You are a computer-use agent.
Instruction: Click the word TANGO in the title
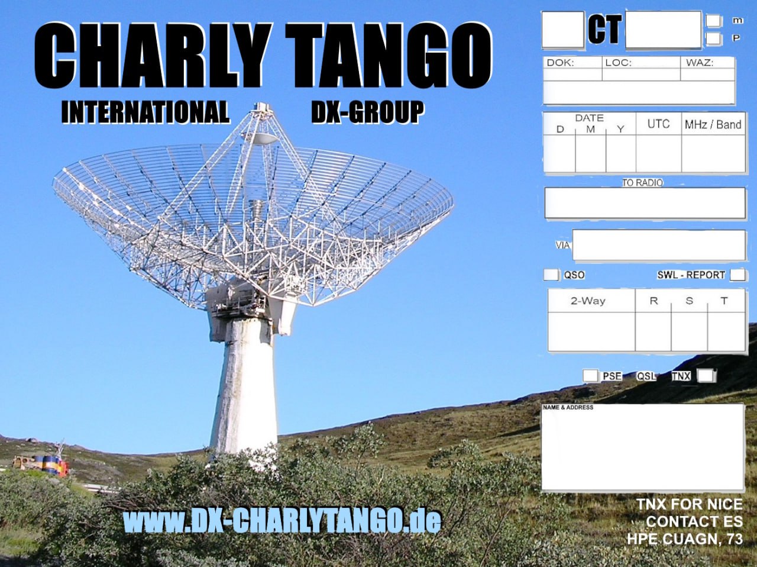pyautogui.click(x=389, y=55)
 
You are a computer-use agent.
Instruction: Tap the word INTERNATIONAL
pyautogui.click(x=145, y=112)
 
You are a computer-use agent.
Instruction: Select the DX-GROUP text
pyautogui.click(x=368, y=112)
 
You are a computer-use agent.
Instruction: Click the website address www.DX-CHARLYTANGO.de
pyautogui.click(x=282, y=520)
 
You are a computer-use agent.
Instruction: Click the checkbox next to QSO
pyautogui.click(x=551, y=275)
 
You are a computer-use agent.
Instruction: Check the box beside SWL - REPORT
pyautogui.click(x=738, y=275)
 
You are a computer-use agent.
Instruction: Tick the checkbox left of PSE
pyautogui.click(x=590, y=375)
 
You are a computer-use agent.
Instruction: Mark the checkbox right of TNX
pyautogui.click(x=706, y=375)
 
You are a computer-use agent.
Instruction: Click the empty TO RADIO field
pyautogui.click(x=645, y=203)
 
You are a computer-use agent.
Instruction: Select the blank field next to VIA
pyautogui.click(x=659, y=245)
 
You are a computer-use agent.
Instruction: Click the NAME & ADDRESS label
pyautogui.click(x=568, y=407)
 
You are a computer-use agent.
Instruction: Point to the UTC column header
pyautogui.click(x=658, y=124)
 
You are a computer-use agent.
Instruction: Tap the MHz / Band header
pyautogui.click(x=713, y=124)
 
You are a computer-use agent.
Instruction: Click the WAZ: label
pyautogui.click(x=700, y=63)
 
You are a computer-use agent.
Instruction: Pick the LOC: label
pyautogui.click(x=619, y=63)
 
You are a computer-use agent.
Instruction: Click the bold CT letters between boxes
pyautogui.click(x=604, y=30)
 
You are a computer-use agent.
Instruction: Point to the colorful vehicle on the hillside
pyautogui.click(x=41, y=464)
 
